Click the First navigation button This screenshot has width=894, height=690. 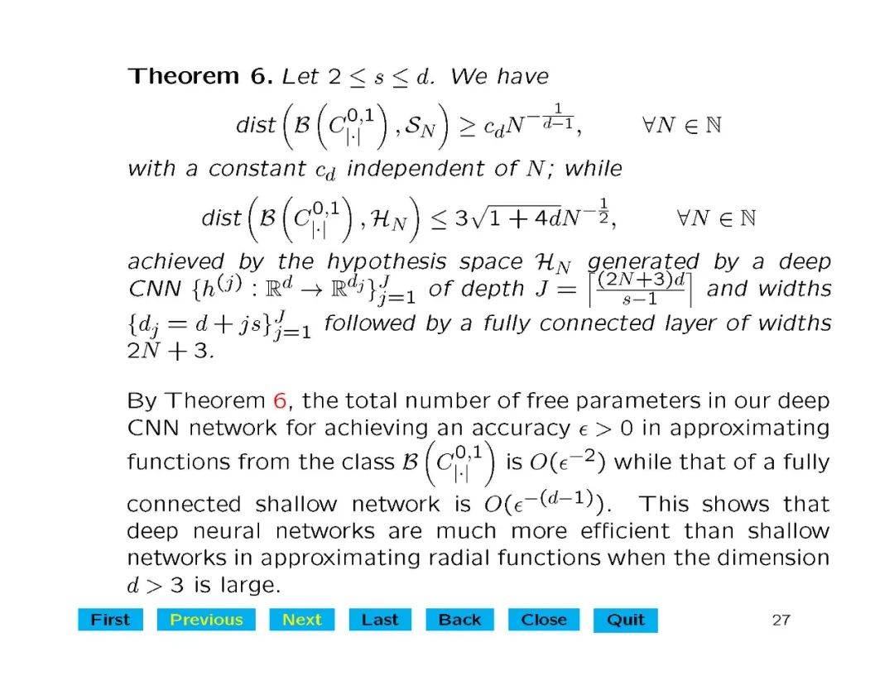point(110,620)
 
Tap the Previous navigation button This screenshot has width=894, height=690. point(206,620)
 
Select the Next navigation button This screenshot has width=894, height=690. point(301,620)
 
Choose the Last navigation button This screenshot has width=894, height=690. point(380,620)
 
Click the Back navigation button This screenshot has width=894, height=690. point(459,620)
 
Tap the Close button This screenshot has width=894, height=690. point(544,620)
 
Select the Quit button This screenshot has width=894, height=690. point(625,620)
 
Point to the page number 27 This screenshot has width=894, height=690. point(781,620)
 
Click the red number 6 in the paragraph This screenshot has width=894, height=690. point(280,401)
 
